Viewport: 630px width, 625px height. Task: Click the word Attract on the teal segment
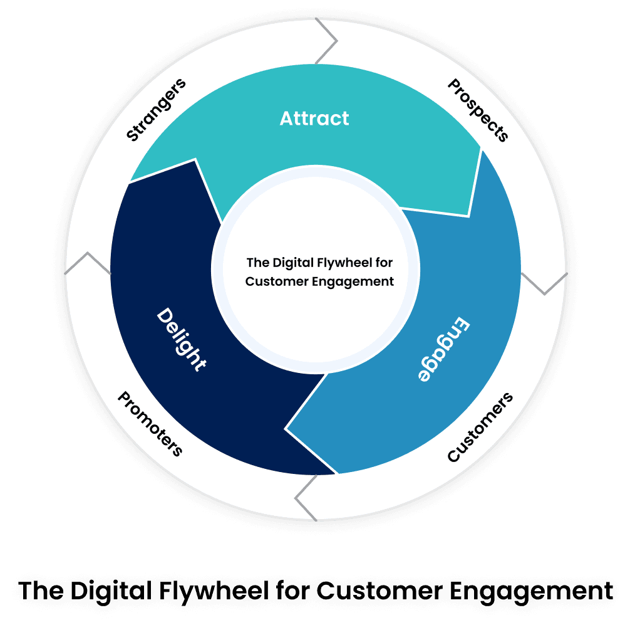tap(314, 118)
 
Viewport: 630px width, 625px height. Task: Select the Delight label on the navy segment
tap(180, 339)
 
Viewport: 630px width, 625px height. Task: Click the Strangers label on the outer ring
tap(156, 110)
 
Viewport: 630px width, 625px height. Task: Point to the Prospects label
tap(478, 110)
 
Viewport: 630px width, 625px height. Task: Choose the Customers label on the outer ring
tap(480, 428)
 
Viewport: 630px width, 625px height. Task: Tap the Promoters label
tap(150, 424)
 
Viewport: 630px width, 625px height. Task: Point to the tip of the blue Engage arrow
tap(287, 429)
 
